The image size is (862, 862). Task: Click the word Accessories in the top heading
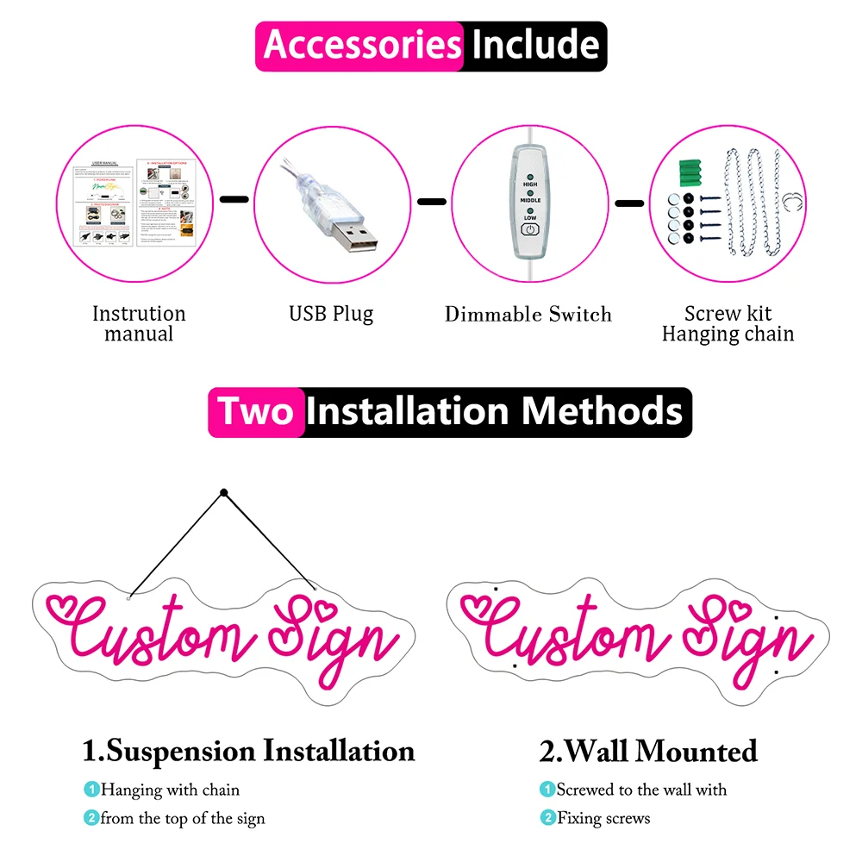point(362,45)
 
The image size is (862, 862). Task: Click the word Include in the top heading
point(535,45)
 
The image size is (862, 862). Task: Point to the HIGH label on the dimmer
point(530,184)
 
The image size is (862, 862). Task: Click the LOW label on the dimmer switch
point(530,219)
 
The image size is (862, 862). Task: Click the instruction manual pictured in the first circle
point(137,203)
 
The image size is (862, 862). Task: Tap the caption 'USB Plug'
point(331,314)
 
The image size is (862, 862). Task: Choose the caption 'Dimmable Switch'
point(528,315)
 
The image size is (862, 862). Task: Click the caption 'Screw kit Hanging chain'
point(728,324)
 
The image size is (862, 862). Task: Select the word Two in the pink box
point(256,412)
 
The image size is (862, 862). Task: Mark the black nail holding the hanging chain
point(223,493)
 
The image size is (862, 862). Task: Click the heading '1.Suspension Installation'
point(248,750)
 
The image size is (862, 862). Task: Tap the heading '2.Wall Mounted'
point(648,751)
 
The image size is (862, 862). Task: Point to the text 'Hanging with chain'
point(171,790)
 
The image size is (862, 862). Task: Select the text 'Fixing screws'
point(603,818)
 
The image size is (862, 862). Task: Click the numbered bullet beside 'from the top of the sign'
point(91,818)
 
